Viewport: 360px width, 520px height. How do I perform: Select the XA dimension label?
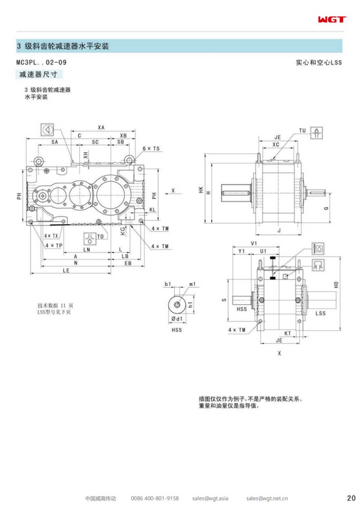[101, 127]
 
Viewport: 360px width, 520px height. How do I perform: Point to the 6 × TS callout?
[151, 149]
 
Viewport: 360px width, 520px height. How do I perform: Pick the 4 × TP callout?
[54, 246]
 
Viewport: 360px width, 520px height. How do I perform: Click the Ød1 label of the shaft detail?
[175, 320]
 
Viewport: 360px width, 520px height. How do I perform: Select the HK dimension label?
[201, 188]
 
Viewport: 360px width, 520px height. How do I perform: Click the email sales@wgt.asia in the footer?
[209, 499]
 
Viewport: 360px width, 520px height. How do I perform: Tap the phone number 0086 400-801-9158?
[154, 499]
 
